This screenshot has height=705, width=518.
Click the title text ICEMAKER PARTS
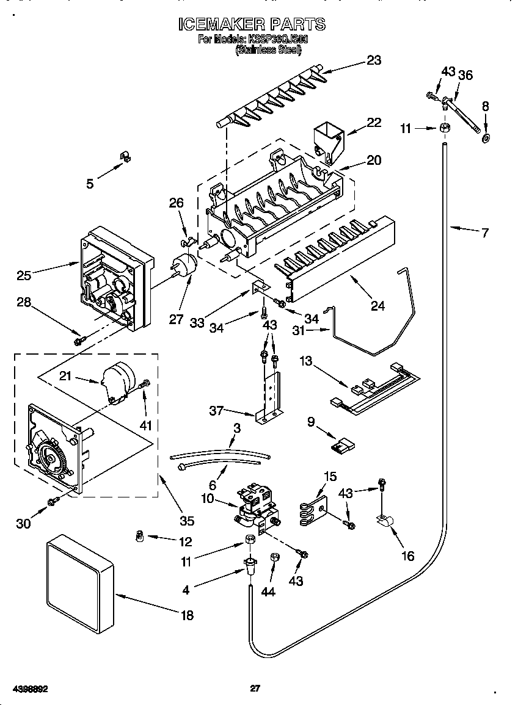coord(252,24)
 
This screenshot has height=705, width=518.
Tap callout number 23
coord(373,60)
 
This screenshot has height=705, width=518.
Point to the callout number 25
coord(24,276)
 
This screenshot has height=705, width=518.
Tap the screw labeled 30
coord(53,501)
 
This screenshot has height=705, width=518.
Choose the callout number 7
coord(484,233)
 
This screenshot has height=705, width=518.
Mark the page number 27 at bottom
coord(255,689)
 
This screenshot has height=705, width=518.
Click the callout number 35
coord(186,521)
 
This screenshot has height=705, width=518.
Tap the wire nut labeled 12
coord(139,536)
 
